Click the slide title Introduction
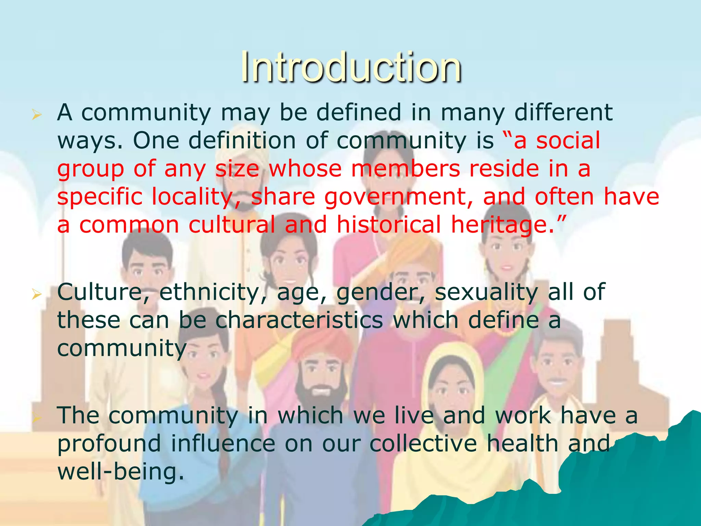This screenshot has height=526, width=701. point(351,67)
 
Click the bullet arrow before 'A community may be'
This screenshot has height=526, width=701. point(36,115)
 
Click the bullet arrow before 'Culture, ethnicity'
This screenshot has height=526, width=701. point(36,294)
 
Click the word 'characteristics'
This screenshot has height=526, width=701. point(299,321)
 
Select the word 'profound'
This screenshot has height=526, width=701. point(109,444)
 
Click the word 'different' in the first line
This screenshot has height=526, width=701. point(563,112)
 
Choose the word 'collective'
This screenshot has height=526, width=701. point(423,443)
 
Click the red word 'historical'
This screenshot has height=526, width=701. point(389,225)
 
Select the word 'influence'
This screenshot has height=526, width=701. point(223,443)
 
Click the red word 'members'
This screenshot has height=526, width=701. point(406,169)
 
